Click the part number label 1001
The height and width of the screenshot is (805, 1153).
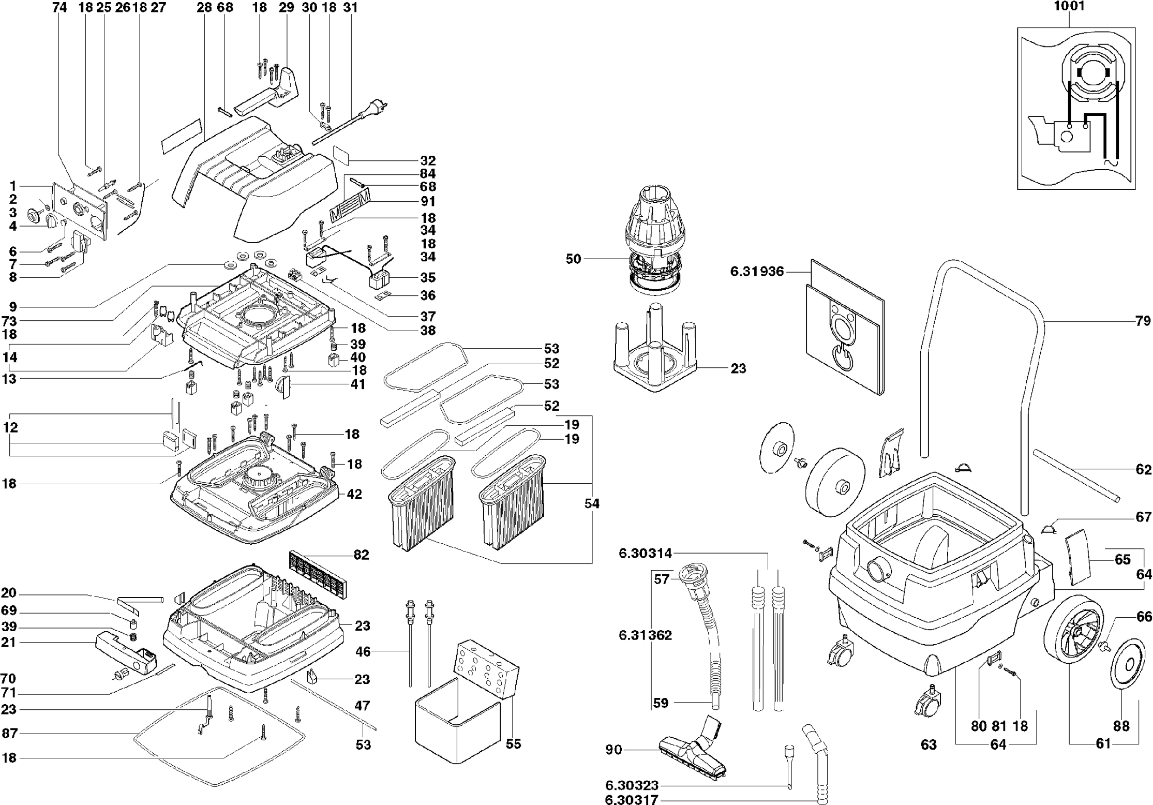coord(1069,7)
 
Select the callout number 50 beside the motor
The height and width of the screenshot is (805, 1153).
coord(573,259)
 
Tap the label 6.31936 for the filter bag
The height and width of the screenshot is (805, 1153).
coord(757,271)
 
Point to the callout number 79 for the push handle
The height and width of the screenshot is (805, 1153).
coord(1143,321)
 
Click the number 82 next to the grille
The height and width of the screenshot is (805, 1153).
coord(361,555)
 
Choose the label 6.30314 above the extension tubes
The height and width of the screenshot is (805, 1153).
coord(645,554)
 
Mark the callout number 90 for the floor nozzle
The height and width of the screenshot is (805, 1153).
coord(613,750)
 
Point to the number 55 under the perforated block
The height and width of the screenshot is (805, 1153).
coord(513,744)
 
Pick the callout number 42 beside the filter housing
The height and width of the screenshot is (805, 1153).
coord(354,494)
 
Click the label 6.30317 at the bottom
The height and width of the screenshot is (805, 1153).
coord(631,800)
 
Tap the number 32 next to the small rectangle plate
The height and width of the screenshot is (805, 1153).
coord(428,160)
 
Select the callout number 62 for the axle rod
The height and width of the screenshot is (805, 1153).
coord(1143,469)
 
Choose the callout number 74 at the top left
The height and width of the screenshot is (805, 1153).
coord(60,7)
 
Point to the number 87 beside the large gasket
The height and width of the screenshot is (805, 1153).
coord(9,733)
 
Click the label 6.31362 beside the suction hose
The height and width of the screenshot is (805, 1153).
coord(645,635)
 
